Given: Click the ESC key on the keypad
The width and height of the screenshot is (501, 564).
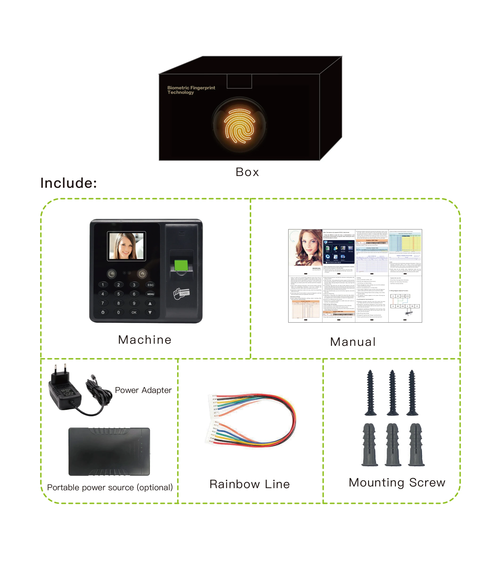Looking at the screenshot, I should coord(150,285).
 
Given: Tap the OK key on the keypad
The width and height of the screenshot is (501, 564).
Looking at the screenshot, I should coord(134,312).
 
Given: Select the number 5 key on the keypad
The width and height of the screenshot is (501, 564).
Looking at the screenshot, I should coord(119,294).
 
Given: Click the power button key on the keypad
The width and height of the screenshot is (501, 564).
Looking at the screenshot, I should coord(103,312).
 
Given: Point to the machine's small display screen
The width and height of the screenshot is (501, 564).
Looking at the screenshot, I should coord(126,246).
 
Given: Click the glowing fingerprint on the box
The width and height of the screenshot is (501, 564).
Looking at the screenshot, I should coord(239,125).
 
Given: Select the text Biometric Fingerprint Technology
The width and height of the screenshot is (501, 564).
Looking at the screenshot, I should coord(191,90).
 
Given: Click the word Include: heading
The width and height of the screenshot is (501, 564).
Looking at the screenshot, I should coord(69,183).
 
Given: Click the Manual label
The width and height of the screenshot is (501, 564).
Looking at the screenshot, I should coord(353,342).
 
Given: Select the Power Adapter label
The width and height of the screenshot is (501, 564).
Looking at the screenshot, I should coord(143,390).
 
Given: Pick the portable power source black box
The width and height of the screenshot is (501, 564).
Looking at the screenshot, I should coord(109,451).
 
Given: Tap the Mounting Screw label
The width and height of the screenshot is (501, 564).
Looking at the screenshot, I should coord(397,482).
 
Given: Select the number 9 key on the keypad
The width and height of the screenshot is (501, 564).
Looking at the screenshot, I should coord(134,303).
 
